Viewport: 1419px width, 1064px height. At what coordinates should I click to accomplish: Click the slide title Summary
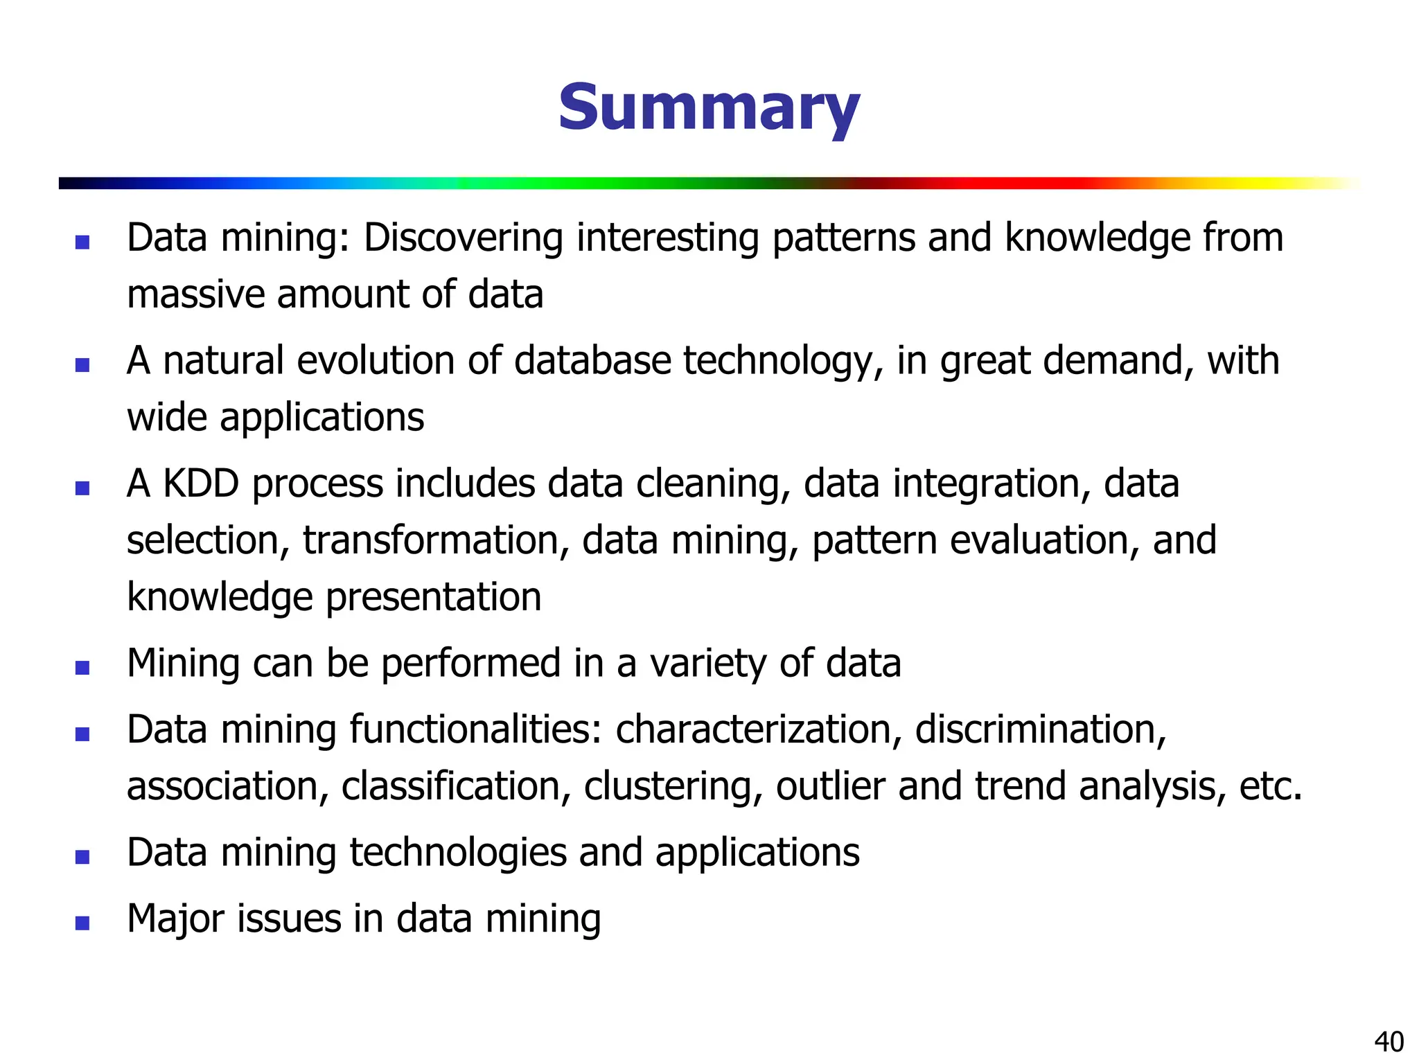709,109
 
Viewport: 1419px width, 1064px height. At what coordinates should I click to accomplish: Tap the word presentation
434,597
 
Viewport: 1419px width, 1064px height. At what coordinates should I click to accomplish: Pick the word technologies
458,853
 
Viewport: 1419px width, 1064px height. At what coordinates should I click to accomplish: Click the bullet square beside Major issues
82,923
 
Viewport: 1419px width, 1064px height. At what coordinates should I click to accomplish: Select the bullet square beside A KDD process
82,488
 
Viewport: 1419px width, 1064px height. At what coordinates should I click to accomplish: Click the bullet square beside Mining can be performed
82,668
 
